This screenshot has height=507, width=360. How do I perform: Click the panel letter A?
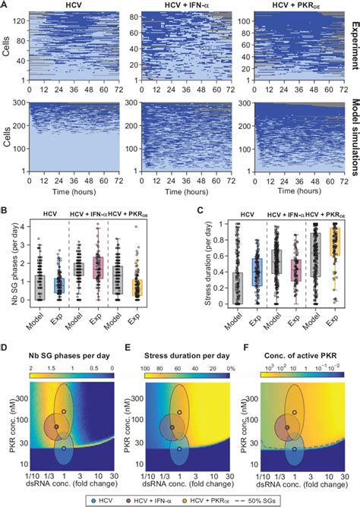(x=6, y=5)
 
